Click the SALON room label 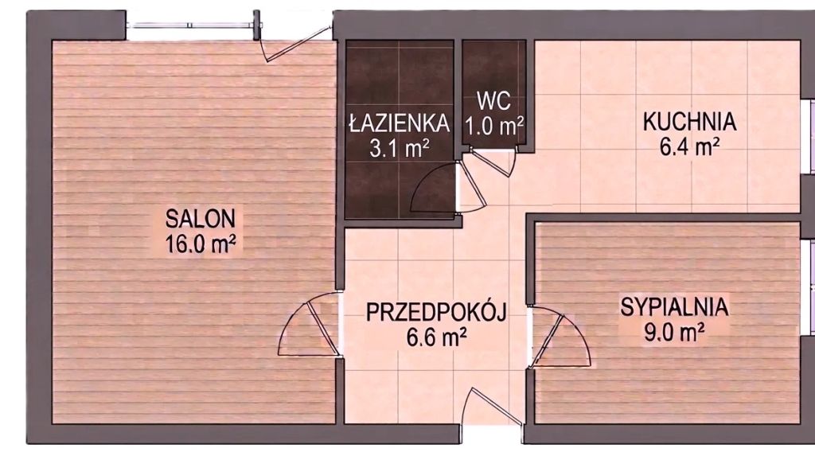200,219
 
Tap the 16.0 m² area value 200,244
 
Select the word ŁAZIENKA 400,123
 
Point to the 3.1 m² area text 400,149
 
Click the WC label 493,101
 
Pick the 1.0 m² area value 493,126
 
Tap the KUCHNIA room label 690,122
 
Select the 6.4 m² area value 690,146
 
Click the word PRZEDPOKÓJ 436,313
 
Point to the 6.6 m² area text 436,337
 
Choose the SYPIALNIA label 674,307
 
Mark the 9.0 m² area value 674,332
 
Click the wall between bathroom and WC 458,99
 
